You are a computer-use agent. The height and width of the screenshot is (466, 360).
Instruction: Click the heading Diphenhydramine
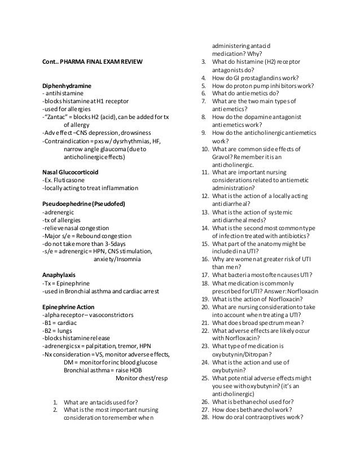(x=66, y=86)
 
